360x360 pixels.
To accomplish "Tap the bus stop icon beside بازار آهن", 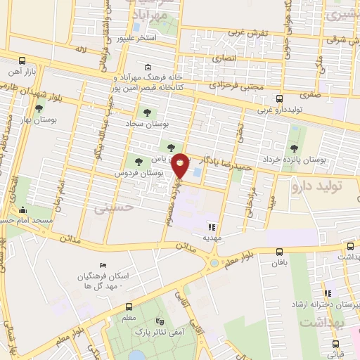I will pyautogui.click(x=22, y=61).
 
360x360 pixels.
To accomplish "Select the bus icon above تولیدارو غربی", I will pyautogui.click(x=279, y=99).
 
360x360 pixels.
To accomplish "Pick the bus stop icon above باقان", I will pyautogui.click(x=280, y=252).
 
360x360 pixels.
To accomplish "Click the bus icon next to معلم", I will pyautogui.click(x=129, y=307).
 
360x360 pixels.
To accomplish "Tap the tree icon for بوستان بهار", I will pyautogui.click(x=39, y=109).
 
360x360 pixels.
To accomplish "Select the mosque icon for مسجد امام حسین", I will pyautogui.click(x=22, y=210).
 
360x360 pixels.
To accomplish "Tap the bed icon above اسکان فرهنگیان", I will pyautogui.click(x=103, y=265).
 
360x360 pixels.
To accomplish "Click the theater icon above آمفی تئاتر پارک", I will pyautogui.click(x=169, y=318).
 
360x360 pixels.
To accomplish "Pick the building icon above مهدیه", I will pyautogui.click(x=212, y=226).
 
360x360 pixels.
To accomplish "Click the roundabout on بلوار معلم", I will pyautogui.click(x=212, y=264).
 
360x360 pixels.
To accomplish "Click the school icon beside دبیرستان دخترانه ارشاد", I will pyautogui.click(x=327, y=293).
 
